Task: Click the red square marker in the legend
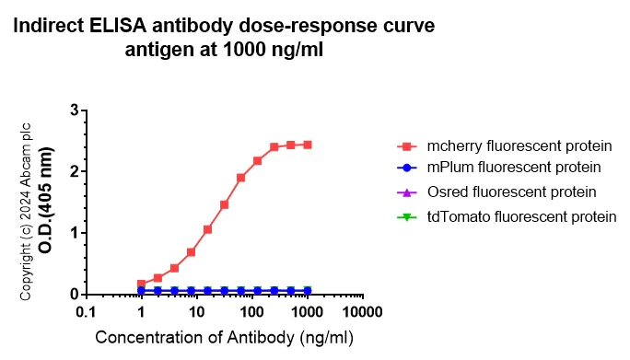coord(402,146)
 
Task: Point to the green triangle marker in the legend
coord(402,216)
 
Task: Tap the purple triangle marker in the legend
coord(402,192)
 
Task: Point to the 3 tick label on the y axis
coord(73,110)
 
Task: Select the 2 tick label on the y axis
coord(73,171)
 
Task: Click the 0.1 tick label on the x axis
coord(86,313)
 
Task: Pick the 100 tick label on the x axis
coord(251,313)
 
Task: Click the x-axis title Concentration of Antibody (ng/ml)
coord(224,338)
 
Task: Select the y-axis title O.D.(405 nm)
coord(45,202)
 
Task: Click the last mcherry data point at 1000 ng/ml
coord(308,145)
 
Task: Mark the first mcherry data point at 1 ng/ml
coord(141,285)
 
